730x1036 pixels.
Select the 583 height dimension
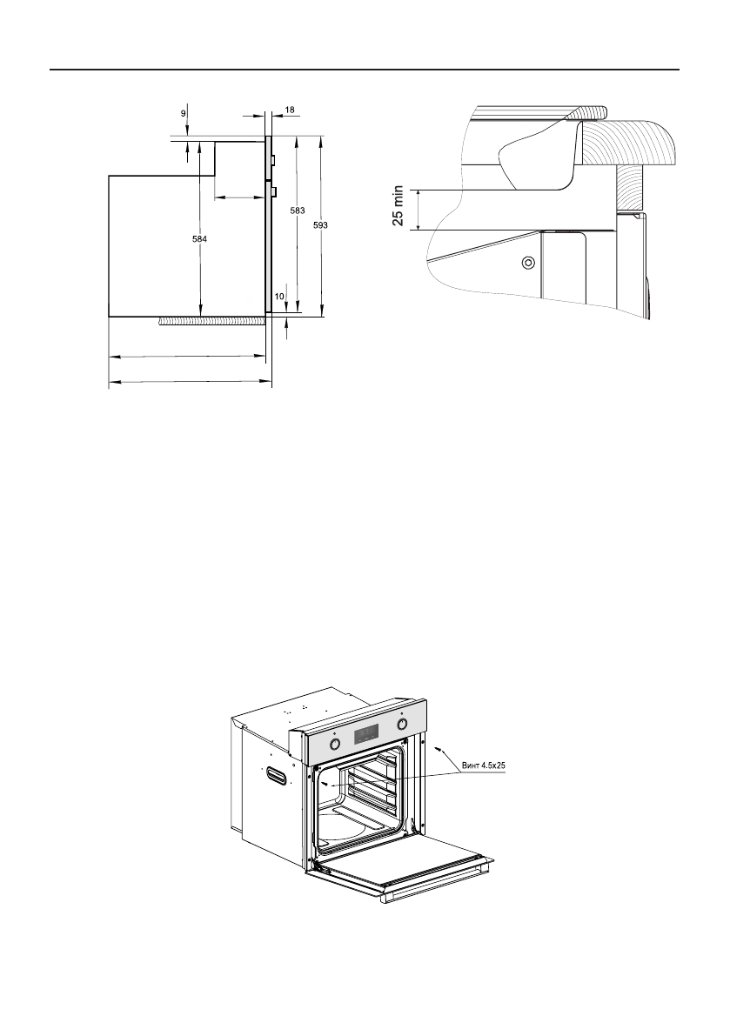coord(298,211)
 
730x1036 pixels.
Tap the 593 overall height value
coord(320,224)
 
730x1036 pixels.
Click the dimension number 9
coord(183,114)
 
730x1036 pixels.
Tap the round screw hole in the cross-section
coord(527,263)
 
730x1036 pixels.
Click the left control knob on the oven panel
coord(335,745)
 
